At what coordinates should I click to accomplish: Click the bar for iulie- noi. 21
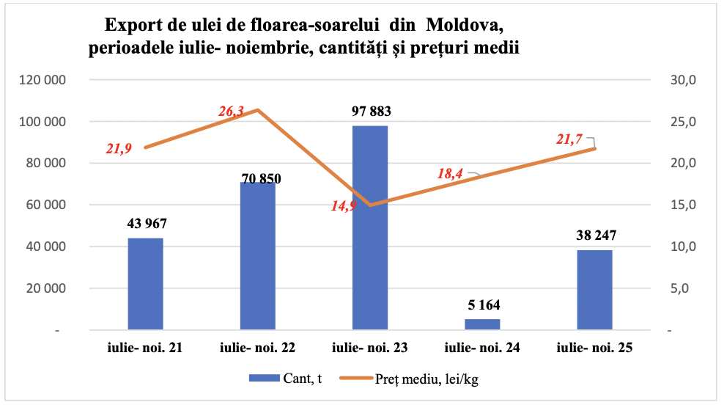point(145,284)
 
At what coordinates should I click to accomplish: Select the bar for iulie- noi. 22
point(258,256)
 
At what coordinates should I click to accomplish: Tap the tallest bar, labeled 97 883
point(370,228)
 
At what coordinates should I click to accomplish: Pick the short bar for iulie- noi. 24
point(482,324)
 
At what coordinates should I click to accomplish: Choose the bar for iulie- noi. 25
point(594,290)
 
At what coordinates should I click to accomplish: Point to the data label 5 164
point(482,304)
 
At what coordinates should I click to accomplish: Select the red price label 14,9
point(344,206)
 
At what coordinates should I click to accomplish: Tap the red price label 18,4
point(451,174)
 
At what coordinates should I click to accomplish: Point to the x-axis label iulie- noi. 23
point(370,349)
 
